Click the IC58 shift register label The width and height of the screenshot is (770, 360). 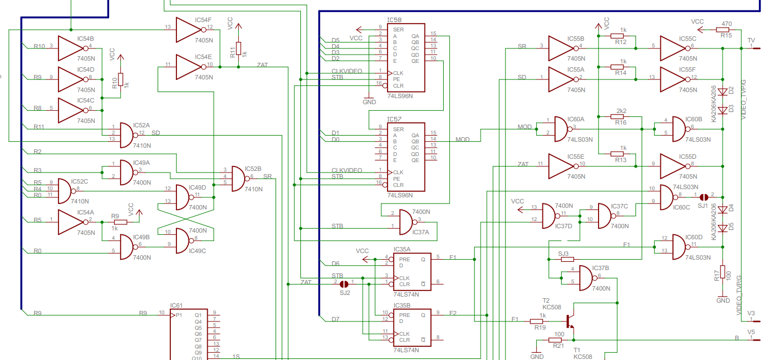(394, 20)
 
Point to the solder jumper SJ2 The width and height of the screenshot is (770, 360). (344, 284)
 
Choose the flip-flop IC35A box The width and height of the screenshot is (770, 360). (411, 270)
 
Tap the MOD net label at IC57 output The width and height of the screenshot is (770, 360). (462, 139)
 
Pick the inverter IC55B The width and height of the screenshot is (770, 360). (562, 49)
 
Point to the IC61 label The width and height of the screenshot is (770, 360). (176, 305)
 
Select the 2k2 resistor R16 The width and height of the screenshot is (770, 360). (621, 117)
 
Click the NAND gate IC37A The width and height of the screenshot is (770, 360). (411, 221)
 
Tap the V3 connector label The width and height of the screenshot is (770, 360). (751, 313)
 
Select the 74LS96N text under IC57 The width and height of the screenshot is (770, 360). (400, 195)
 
